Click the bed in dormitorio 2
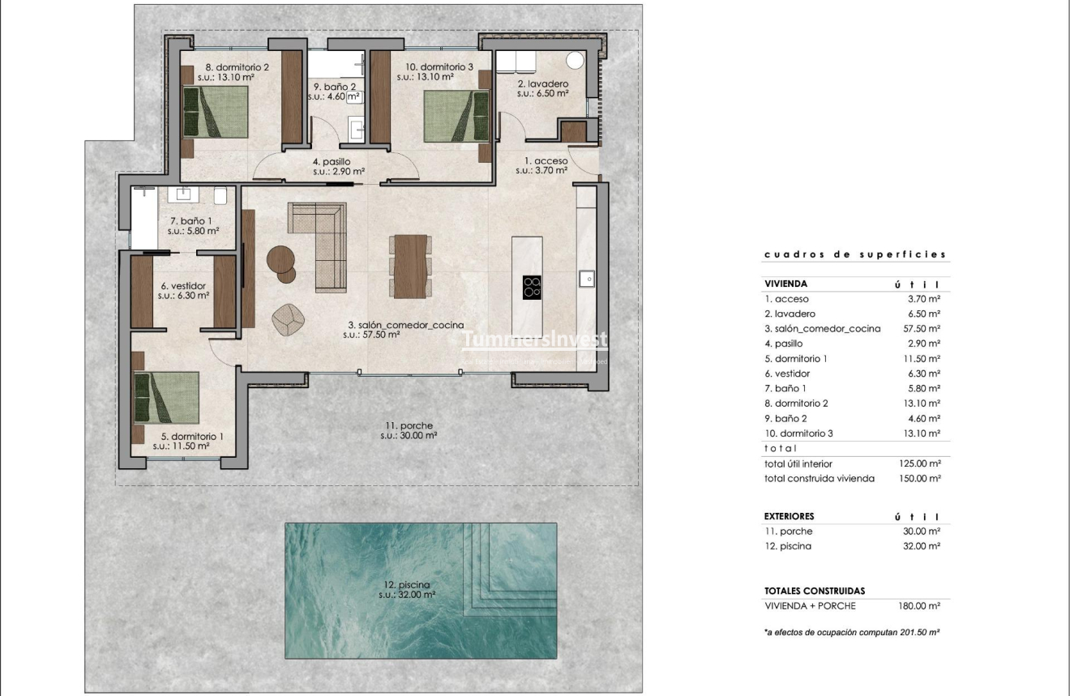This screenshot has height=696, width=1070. click(x=216, y=111)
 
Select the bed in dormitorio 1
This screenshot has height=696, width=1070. click(x=167, y=398)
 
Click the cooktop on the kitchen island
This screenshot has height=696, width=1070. click(x=533, y=287)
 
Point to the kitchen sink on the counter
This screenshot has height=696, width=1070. click(x=587, y=279)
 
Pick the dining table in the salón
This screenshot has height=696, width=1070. click(x=409, y=266)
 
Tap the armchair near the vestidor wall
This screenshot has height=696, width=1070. click(x=287, y=318)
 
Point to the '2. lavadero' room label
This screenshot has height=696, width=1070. click(x=542, y=83)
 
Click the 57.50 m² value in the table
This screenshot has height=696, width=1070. click(x=923, y=329)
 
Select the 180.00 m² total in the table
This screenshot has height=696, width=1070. click(x=923, y=606)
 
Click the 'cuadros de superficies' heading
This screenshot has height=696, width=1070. click(x=855, y=254)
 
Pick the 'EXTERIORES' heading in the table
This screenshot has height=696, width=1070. click(x=789, y=516)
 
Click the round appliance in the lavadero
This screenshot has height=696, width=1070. click(x=576, y=60)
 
